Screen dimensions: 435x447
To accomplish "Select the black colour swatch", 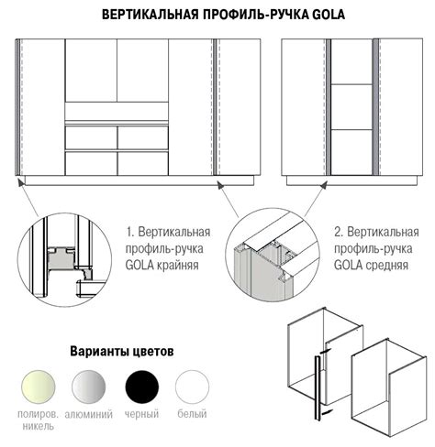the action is point(142,387).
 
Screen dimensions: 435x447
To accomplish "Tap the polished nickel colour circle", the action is point(39,387).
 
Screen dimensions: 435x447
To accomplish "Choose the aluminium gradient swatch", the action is point(89,387).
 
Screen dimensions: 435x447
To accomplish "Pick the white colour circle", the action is point(192,387).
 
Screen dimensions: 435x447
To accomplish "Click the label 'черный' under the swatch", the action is point(141,414).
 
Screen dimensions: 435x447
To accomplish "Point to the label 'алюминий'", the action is point(89,414).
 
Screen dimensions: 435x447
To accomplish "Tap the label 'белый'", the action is point(192,414).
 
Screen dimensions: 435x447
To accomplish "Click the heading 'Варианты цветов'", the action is point(122,351).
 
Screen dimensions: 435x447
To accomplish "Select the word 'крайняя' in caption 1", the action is point(178,266).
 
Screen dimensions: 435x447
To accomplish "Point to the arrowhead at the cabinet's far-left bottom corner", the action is point(20,182).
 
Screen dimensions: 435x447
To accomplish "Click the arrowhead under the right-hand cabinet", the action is point(324,184).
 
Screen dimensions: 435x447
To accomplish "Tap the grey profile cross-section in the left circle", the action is point(61,258).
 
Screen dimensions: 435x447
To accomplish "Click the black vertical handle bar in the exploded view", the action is point(318,388).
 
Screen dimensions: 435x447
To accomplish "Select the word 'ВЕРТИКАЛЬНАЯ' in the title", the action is point(151,15).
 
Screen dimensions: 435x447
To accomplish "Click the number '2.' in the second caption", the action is point(339,233).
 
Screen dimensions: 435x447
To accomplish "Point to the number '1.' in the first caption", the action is point(130,233).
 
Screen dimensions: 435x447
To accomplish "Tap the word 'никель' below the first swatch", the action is point(39,426).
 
